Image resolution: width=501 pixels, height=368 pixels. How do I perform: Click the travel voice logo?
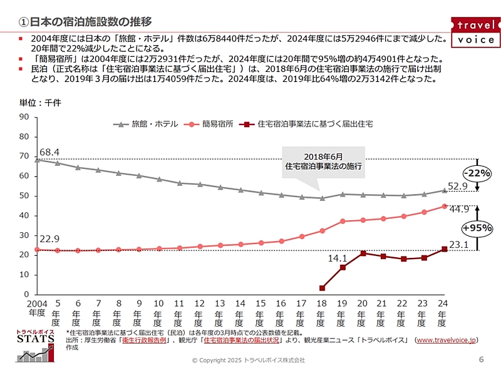475,33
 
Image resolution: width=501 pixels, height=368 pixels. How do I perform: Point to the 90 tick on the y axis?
24,117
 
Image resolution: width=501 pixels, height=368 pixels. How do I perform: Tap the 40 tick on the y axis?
24,215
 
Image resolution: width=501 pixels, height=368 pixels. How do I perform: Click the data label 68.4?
49,152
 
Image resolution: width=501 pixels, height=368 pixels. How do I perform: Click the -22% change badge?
477,173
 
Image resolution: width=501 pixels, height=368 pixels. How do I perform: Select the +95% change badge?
477,228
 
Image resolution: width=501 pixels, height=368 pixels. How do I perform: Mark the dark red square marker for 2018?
322,288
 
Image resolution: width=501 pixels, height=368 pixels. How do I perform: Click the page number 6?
481,359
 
